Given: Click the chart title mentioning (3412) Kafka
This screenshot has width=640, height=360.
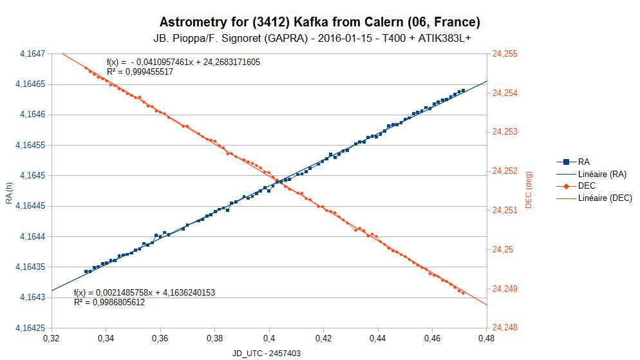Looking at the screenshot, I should (319, 23).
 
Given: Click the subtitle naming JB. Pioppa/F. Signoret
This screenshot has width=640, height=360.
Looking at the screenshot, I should (319, 39).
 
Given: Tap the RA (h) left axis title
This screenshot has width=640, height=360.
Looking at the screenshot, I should (9, 191).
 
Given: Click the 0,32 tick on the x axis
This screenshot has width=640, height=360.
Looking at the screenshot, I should (51, 337).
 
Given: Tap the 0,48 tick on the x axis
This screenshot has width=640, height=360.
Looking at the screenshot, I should (487, 337).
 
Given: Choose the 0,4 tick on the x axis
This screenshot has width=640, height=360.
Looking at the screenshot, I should (269, 337).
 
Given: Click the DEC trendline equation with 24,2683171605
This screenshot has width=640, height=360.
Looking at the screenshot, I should (184, 62).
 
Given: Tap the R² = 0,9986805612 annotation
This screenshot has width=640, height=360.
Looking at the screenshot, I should (109, 302).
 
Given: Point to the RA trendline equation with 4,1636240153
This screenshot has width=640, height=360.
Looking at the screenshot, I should (144, 292).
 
